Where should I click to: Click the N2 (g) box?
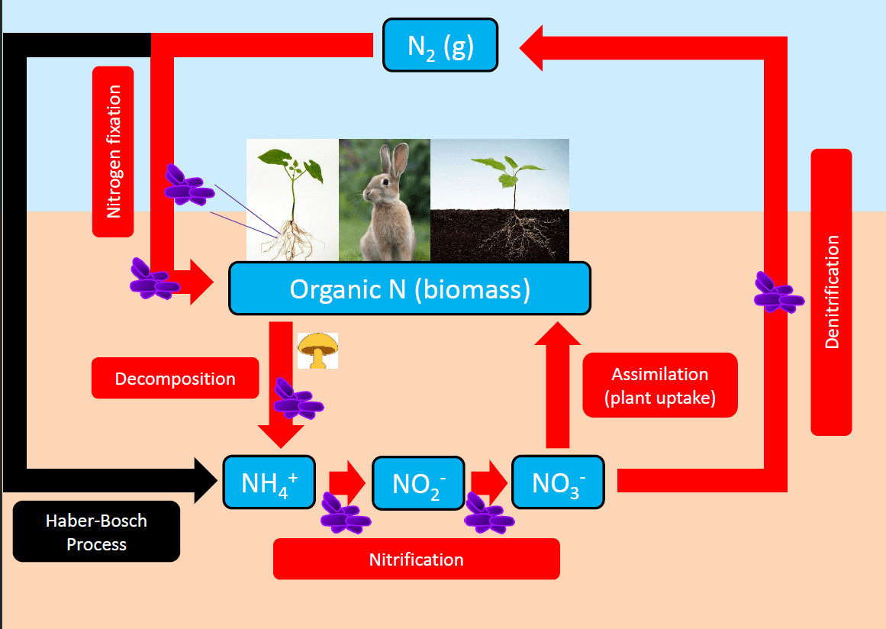click(x=440, y=45)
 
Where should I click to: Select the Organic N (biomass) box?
click(x=410, y=289)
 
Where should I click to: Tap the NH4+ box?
click(x=269, y=482)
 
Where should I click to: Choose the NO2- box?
click(x=419, y=483)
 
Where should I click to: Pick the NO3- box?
click(x=559, y=482)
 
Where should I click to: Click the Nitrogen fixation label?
click(x=113, y=151)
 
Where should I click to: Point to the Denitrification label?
click(x=831, y=292)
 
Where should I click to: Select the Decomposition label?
click(x=176, y=378)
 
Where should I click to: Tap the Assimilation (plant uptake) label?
click(x=660, y=385)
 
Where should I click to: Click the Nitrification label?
click(x=417, y=559)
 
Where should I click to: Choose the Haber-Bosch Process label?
click(x=97, y=531)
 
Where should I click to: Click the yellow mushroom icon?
click(x=317, y=350)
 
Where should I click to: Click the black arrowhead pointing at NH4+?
click(x=206, y=480)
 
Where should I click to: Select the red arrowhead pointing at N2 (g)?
click(x=531, y=48)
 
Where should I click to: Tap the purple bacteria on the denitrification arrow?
click(x=778, y=292)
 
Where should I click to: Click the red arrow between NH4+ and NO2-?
click(x=347, y=483)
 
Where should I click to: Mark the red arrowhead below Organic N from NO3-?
click(x=558, y=333)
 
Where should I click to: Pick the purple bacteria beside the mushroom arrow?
click(x=298, y=399)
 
